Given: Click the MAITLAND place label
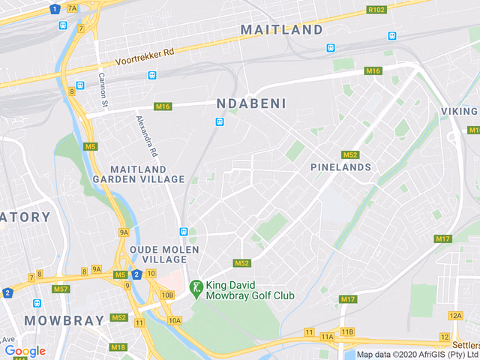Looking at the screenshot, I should [x=281, y=30].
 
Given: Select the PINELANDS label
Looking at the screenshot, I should [x=340, y=167].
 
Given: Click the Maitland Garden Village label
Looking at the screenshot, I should [x=138, y=174].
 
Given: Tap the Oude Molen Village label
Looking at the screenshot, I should [x=164, y=253].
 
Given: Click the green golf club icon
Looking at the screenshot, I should [x=196, y=287].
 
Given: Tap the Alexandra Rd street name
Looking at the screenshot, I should [x=147, y=135].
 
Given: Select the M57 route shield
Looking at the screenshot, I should [x=61, y=289].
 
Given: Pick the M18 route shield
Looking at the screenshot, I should [x=118, y=346].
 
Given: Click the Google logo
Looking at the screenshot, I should [x=25, y=350].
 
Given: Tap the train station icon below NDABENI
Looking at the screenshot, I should [x=220, y=121].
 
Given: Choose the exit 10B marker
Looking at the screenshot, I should [x=167, y=295].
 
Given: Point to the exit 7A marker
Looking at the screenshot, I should [x=72, y=8].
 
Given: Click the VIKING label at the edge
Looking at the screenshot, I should [x=458, y=111].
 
